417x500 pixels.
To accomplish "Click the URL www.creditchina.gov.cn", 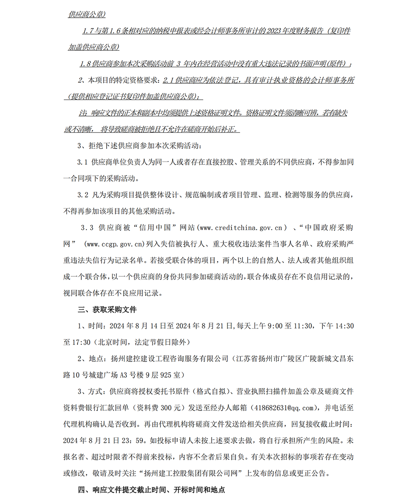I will (x=241, y=228).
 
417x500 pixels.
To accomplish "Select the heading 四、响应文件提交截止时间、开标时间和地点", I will (x=151, y=490).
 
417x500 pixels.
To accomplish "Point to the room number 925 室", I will (x=170, y=375).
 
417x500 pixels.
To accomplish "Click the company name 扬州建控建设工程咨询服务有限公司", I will (x=169, y=359).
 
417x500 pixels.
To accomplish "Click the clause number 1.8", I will (x=85, y=64).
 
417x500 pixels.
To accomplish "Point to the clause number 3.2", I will (x=83, y=195).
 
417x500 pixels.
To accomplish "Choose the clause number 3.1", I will (x=82, y=162).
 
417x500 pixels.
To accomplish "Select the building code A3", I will (x=124, y=375).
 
